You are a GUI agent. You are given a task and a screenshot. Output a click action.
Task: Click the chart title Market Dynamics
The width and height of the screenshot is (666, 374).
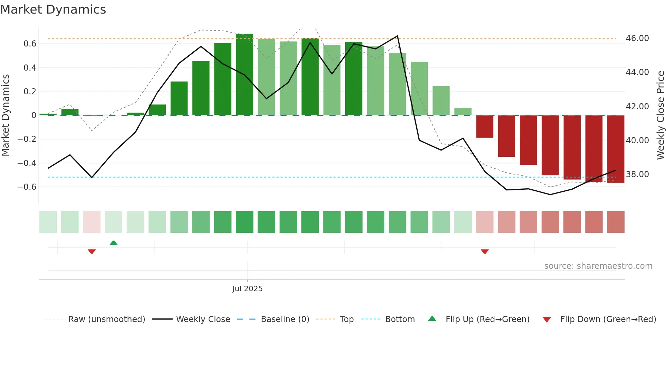click(53, 10)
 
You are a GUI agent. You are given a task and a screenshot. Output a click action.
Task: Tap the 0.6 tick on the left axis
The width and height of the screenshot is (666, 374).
click(30, 44)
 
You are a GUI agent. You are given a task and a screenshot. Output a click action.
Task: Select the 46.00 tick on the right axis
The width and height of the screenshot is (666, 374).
click(637, 38)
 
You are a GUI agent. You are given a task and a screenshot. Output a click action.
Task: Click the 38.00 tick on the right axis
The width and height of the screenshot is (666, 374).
click(637, 174)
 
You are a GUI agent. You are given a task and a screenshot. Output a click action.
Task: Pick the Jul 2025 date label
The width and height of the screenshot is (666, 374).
click(247, 289)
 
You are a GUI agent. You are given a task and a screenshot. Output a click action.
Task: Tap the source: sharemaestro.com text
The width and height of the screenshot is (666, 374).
click(598, 266)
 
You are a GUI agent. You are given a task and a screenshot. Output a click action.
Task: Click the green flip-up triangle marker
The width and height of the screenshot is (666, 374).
click(113, 243)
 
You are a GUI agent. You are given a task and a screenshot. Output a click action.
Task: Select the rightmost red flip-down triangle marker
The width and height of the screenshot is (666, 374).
click(485, 251)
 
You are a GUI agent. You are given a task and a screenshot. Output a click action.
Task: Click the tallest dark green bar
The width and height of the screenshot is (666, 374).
click(245, 75)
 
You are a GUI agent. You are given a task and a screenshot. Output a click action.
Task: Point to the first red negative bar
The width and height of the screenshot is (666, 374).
click(485, 126)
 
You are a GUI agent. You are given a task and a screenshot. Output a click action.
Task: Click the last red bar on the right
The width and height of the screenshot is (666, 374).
click(615, 149)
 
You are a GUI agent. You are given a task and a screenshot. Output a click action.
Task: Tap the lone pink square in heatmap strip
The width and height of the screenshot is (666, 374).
click(92, 222)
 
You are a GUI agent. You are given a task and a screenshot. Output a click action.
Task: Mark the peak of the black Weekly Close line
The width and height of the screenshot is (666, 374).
click(397, 36)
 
